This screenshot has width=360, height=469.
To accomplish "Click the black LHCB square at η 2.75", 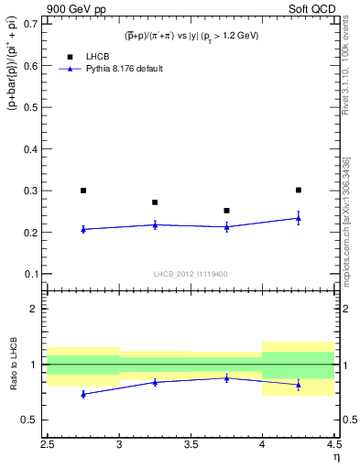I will tap(83, 191).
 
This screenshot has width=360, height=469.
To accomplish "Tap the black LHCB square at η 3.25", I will tap(155, 202).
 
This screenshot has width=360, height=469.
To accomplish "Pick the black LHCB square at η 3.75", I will tap(226, 211).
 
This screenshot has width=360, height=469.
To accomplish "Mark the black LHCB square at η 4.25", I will tap(298, 190).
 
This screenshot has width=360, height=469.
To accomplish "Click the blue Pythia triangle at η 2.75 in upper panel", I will tap(83, 229).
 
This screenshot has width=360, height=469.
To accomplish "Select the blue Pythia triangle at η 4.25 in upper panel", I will tap(298, 218).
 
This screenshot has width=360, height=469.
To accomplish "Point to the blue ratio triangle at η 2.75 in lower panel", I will tap(83, 394).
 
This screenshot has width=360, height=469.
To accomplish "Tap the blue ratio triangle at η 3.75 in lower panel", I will tap(226, 377).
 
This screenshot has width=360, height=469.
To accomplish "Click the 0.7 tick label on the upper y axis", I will tap(33, 25).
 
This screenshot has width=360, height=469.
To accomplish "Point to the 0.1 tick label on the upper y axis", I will tap(33, 274).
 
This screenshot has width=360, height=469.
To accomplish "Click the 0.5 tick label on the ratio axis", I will tap(33, 420).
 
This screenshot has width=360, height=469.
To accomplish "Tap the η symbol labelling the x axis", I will tap(336, 456).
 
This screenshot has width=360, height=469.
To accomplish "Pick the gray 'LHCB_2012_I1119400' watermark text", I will tap(191, 273).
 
